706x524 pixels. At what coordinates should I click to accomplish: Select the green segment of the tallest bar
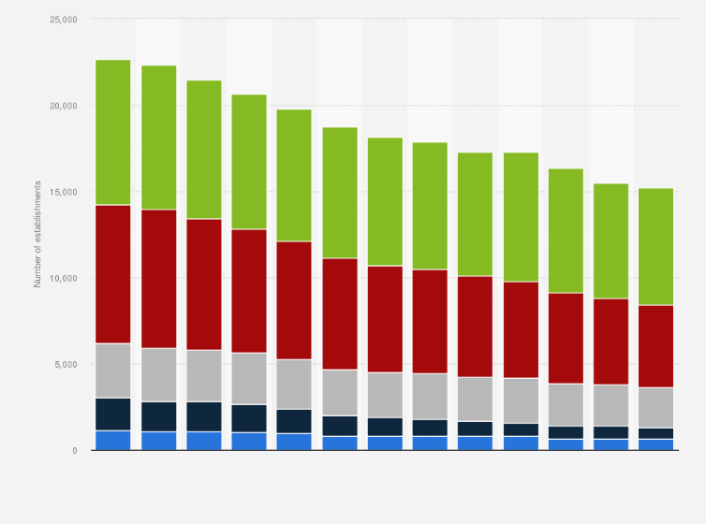[113, 132]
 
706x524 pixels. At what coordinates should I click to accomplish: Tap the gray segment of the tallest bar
[113, 371]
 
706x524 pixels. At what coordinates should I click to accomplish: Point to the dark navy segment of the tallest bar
[113, 414]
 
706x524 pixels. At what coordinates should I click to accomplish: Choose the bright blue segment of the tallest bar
[113, 440]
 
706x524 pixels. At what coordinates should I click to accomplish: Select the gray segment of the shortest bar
[655, 407]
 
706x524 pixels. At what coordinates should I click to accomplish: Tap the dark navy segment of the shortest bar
[655, 433]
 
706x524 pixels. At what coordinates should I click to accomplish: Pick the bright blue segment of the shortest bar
[655, 444]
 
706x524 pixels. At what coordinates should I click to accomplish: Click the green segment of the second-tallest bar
[158, 138]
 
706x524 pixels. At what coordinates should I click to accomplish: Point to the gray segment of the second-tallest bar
[158, 374]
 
